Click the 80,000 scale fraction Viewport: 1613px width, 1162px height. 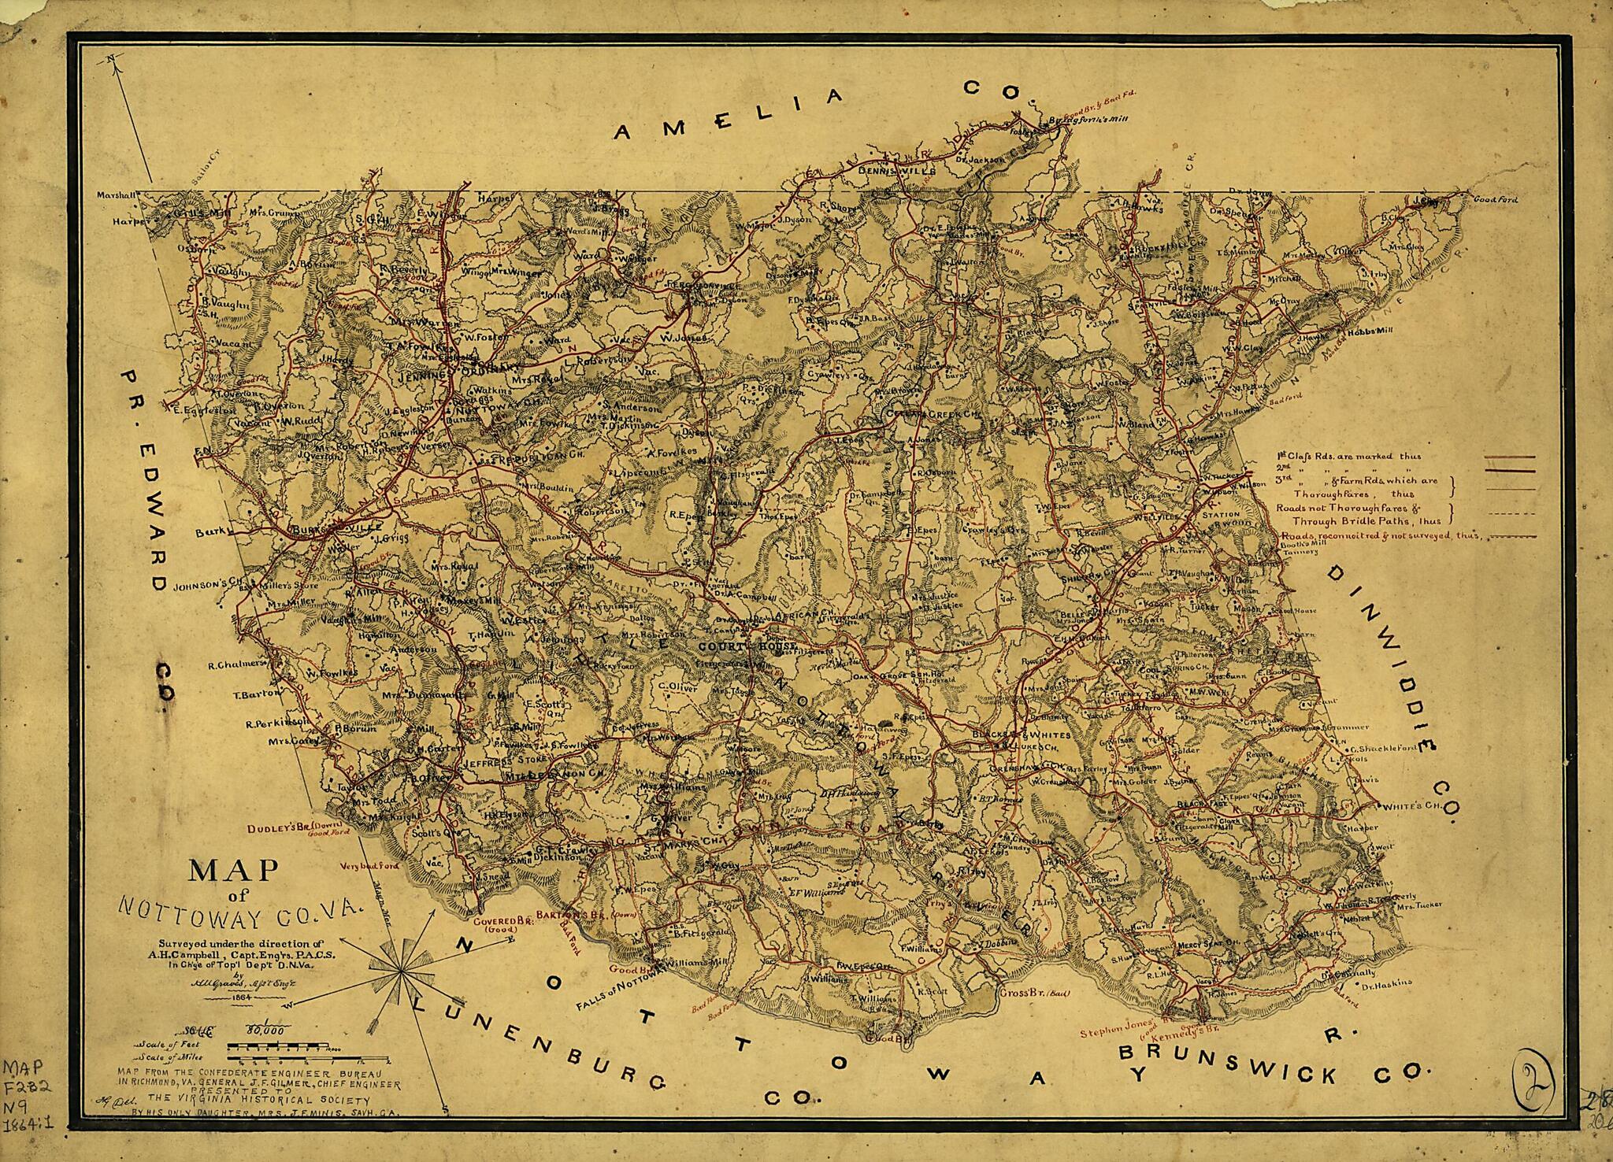click(x=265, y=1028)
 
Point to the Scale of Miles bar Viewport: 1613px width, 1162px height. click(x=307, y=1057)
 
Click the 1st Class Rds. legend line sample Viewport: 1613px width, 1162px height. click(x=1508, y=457)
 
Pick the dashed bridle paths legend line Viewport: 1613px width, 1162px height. click(x=1508, y=514)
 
